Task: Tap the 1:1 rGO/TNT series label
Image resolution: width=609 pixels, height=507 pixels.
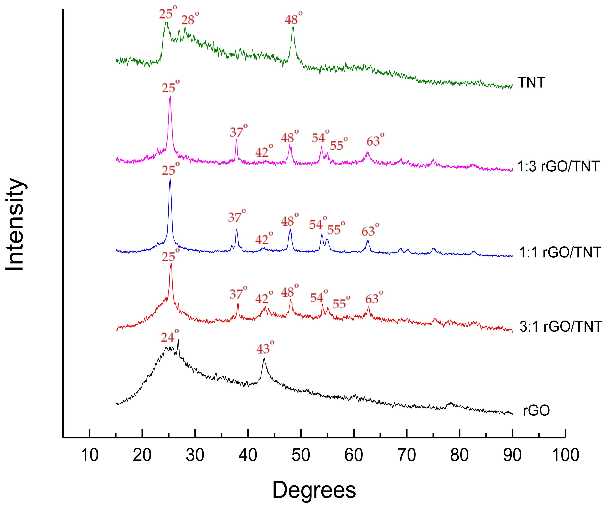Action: pyautogui.click(x=559, y=252)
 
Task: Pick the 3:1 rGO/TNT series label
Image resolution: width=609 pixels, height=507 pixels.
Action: pyautogui.click(x=561, y=327)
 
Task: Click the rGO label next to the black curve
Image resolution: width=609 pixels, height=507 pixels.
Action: pyautogui.click(x=536, y=410)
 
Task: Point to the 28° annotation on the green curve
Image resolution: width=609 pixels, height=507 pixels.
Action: pyautogui.click(x=190, y=19)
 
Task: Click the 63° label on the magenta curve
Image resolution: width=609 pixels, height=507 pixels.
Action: pyautogui.click(x=375, y=140)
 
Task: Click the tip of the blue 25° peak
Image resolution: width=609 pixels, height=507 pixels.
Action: pyautogui.click(x=170, y=179)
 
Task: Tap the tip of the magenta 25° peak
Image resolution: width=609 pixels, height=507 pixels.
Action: pyautogui.click(x=170, y=96)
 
